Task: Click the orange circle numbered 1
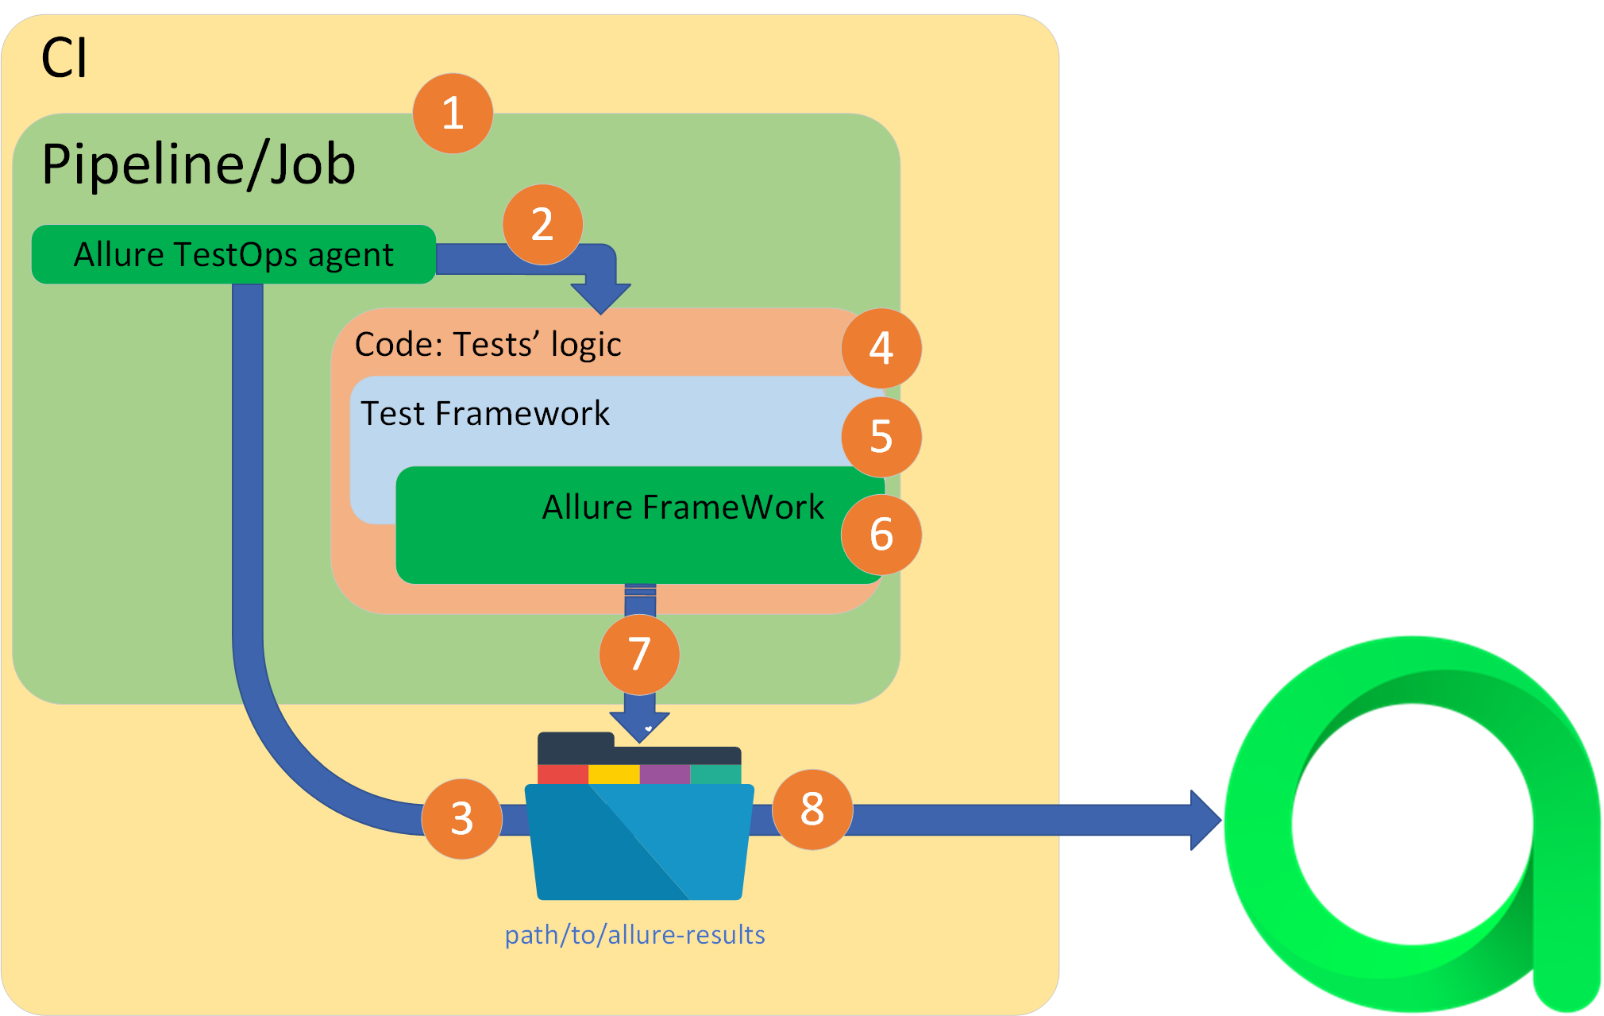pyautogui.click(x=453, y=113)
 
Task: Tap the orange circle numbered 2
pyautogui.click(x=542, y=224)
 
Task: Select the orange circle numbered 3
pyautogui.click(x=461, y=818)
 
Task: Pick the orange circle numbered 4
pyautogui.click(x=881, y=348)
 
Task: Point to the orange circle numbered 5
pyautogui.click(x=881, y=436)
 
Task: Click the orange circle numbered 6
pyautogui.click(x=881, y=534)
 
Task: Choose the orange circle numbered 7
pyautogui.click(x=639, y=655)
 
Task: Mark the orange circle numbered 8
pyautogui.click(x=812, y=809)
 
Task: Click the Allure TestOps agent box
pyautogui.click(x=233, y=254)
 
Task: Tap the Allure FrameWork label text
pyautogui.click(x=683, y=507)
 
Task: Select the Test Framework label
pyautogui.click(x=485, y=414)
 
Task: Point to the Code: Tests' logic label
pyautogui.click(x=488, y=345)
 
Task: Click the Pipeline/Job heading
pyautogui.click(x=199, y=164)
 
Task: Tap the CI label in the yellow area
pyautogui.click(x=64, y=58)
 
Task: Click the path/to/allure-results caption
pyautogui.click(x=635, y=935)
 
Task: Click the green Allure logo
pyautogui.click(x=1413, y=826)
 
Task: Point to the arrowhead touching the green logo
pyautogui.click(x=1204, y=820)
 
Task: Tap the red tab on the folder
pyautogui.click(x=562, y=774)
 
